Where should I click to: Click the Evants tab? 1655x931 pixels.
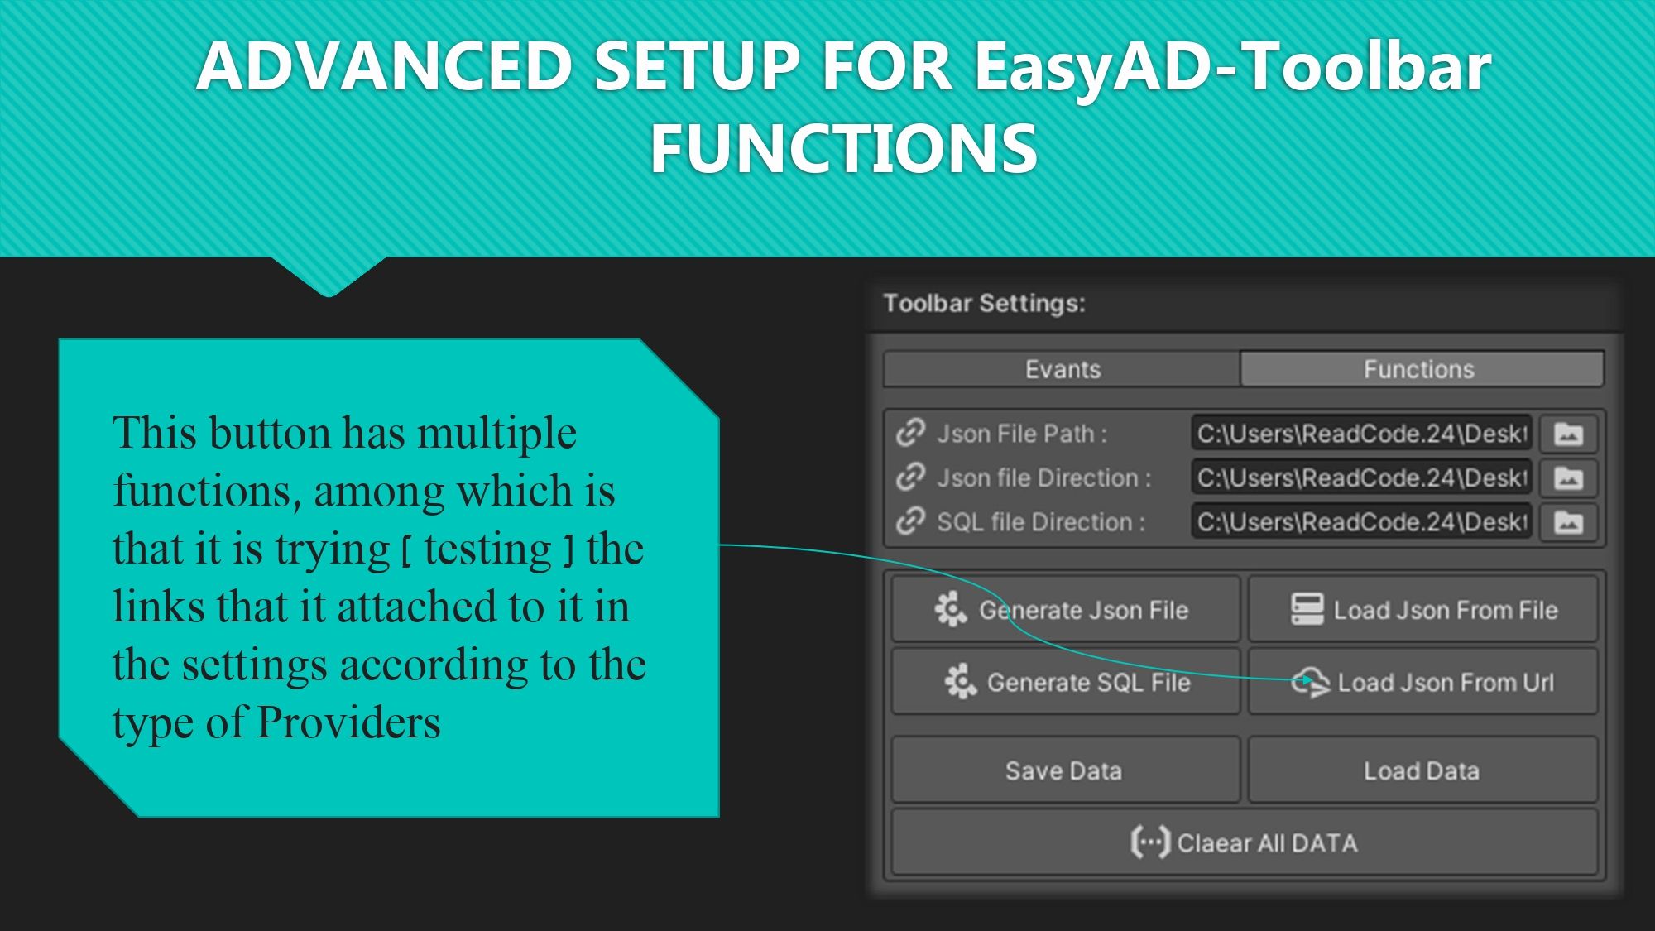click(1062, 369)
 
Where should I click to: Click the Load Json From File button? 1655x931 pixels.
click(1422, 610)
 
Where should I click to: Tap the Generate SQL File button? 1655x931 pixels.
click(1066, 682)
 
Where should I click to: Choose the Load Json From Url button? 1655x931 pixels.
click(1422, 682)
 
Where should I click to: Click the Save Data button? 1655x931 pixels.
click(1066, 770)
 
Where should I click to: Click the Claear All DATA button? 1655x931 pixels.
click(1245, 842)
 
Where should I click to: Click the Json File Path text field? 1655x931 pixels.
click(1361, 434)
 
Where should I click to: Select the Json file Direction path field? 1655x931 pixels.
click(1361, 477)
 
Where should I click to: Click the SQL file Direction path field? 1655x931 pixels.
click(1361, 522)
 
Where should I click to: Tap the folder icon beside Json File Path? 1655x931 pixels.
click(1568, 434)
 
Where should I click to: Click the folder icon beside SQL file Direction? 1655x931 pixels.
click(1568, 522)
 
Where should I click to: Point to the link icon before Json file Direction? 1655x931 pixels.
click(910, 477)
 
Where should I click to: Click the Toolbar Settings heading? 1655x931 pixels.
click(984, 303)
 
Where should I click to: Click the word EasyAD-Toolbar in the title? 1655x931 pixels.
click(1232, 66)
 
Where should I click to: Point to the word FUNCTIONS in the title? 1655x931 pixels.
click(843, 148)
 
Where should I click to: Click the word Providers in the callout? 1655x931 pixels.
click(349, 722)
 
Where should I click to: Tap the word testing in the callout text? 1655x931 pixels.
click(487, 549)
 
